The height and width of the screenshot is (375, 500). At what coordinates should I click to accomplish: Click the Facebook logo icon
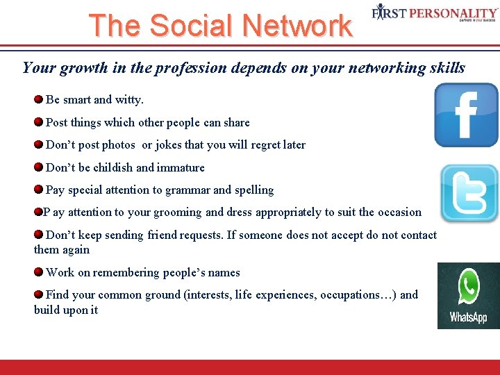pos(466,115)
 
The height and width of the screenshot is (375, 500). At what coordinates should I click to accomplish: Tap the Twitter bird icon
pos(470,193)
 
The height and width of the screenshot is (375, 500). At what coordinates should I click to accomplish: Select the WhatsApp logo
pos(468,295)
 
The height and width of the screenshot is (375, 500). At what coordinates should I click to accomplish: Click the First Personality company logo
pos(435,13)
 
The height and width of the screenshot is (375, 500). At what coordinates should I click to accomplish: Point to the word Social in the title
pos(193,26)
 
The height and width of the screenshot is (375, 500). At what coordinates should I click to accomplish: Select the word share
pos(237,122)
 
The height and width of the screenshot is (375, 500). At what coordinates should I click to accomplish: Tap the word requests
pos(199,235)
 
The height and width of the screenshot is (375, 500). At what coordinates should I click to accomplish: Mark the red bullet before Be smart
pos(39,99)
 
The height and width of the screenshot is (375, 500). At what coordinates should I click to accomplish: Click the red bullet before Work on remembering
pos(39,272)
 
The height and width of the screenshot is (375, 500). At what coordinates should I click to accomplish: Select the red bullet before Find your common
pos(39,294)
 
